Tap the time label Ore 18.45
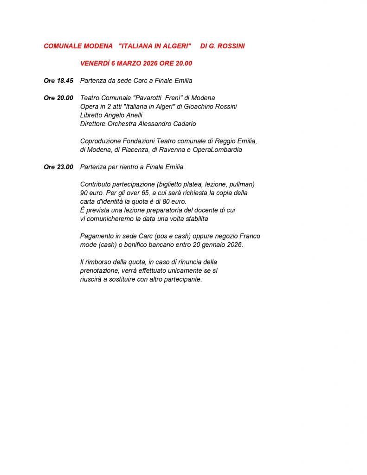[58, 81]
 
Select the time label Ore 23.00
[58, 167]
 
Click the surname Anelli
[132, 115]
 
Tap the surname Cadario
[182, 124]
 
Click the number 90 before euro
[84, 193]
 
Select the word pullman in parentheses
[241, 184]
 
